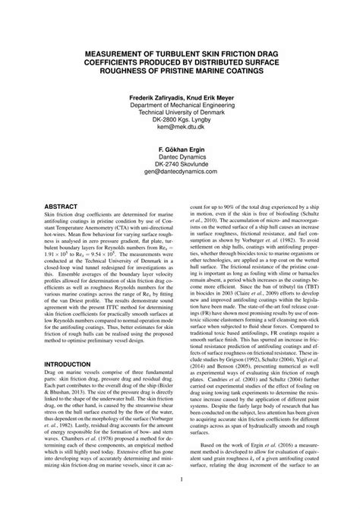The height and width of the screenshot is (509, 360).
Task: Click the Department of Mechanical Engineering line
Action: click(179, 106)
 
